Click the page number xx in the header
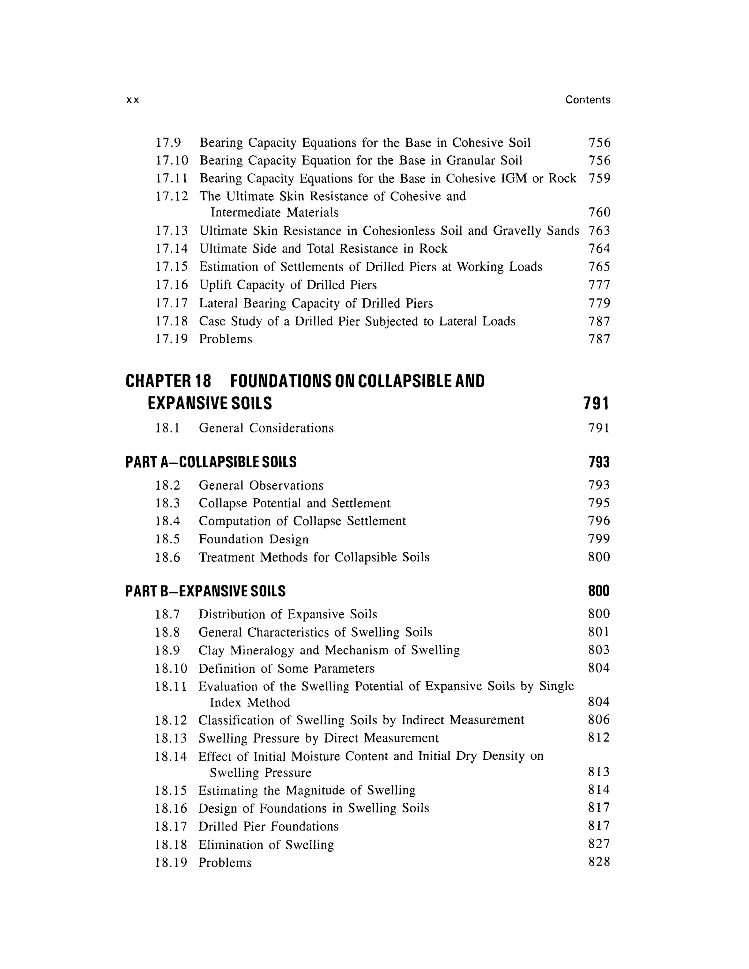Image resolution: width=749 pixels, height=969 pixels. (133, 100)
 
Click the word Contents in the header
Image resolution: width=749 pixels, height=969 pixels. (587, 100)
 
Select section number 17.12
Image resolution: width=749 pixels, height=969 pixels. (172, 196)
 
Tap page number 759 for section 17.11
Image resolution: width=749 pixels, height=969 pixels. (599, 178)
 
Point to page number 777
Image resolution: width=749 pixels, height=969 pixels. (599, 285)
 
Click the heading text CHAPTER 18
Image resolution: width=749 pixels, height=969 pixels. (168, 381)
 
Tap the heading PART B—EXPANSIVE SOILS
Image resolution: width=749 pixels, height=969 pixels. (206, 591)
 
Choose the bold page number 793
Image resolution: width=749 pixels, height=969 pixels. (599, 462)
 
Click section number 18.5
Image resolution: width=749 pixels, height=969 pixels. (168, 539)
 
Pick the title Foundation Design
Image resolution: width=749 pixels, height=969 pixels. (253, 539)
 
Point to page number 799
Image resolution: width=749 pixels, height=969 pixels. (599, 539)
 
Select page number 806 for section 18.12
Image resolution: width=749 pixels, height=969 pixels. (599, 720)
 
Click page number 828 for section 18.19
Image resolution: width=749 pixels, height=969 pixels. (599, 862)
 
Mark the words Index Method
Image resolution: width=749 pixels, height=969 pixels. (250, 703)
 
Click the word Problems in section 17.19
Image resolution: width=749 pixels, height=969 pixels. (225, 339)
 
